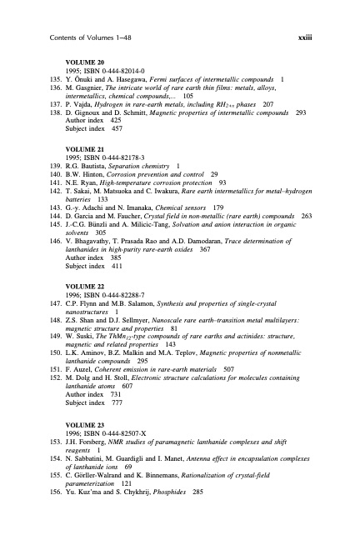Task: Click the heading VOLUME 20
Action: point(86,63)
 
